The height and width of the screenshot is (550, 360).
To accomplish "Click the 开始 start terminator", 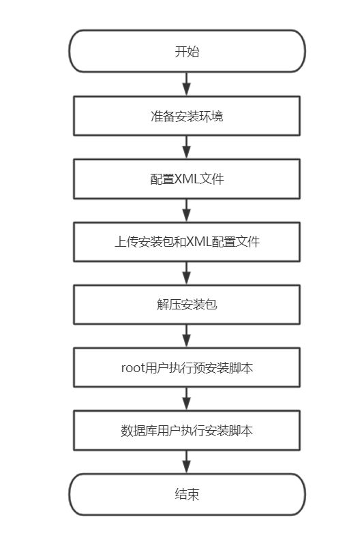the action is click(x=187, y=51).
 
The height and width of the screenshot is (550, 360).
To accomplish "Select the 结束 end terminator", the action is click(x=187, y=495).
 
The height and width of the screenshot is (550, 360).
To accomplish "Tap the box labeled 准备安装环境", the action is click(x=187, y=116).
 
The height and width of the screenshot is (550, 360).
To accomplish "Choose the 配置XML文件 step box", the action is click(x=187, y=179).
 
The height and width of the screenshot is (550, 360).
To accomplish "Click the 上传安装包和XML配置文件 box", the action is click(x=187, y=242).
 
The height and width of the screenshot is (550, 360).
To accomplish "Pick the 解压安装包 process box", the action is click(x=187, y=305).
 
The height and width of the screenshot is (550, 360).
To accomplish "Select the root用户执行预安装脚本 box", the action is click(x=187, y=367).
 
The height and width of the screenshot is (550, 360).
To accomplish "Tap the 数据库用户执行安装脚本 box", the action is click(x=187, y=430).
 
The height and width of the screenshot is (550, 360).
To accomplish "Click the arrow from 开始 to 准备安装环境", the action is click(x=187, y=85).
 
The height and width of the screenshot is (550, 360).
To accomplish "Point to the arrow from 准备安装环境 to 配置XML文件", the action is click(x=187, y=147).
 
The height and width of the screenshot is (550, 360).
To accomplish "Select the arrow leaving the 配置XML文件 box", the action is click(x=187, y=211).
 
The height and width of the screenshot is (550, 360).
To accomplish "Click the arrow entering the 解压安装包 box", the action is click(x=187, y=273).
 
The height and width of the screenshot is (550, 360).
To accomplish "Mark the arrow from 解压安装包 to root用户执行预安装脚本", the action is click(x=187, y=336).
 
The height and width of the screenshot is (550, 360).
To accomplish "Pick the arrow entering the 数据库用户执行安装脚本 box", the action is click(x=187, y=399).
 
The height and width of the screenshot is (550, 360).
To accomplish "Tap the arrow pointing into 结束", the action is click(x=187, y=462).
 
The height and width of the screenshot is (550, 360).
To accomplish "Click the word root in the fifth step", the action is click(x=133, y=368).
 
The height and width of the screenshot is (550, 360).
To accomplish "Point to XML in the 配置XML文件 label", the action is click(x=187, y=179).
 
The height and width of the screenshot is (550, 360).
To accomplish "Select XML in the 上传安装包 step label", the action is click(x=199, y=242).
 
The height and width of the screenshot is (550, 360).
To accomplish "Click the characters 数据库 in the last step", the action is click(x=138, y=431).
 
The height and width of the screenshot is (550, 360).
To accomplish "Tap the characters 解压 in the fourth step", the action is click(x=169, y=305).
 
